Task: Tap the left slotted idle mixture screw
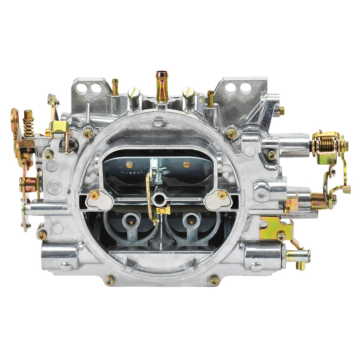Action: (134, 95)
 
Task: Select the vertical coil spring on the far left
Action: (29, 123)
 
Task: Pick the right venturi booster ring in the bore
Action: (191, 220)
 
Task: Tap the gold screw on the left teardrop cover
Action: (95, 195)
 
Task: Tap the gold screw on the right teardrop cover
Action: (222, 195)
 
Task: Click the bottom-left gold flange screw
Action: (110, 280)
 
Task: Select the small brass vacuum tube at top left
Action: (115, 87)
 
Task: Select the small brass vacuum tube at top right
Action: (210, 98)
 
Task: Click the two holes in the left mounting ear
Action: (89, 88)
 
